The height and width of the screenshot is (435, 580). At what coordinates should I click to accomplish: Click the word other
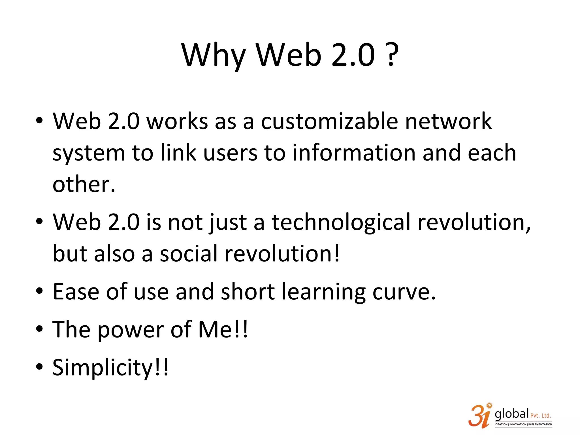coord(84,184)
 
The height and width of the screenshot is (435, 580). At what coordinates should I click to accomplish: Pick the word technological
coord(341,222)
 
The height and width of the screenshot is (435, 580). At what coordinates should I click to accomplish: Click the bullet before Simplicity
coord(39,366)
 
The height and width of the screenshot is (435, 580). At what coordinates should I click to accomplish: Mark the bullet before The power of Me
coord(39,329)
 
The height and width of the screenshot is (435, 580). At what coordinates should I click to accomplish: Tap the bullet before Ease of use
coord(39,291)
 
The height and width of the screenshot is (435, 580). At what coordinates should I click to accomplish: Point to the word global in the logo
coord(512,414)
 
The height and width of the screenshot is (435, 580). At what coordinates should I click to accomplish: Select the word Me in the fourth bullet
coord(216,330)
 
